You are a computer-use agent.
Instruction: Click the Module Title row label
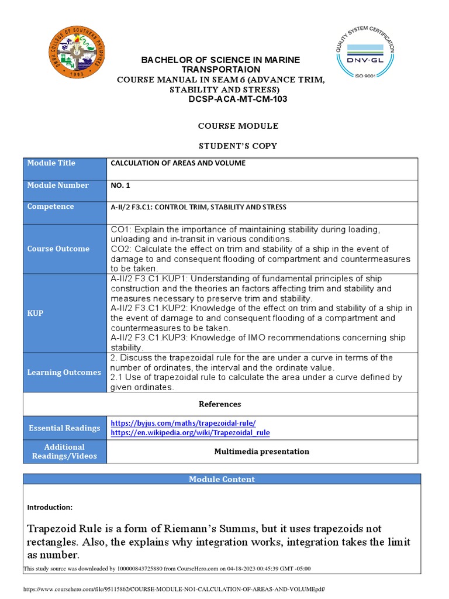[x=51, y=163]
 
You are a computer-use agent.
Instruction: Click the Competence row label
[x=51, y=206]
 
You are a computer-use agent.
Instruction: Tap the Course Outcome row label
[x=58, y=249]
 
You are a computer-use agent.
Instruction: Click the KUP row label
[x=35, y=314]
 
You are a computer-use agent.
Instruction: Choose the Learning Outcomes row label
[x=64, y=373]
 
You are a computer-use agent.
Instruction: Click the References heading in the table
[x=220, y=404]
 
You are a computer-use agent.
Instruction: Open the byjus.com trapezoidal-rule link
[x=183, y=423]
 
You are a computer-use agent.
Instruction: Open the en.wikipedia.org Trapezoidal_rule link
[x=190, y=433]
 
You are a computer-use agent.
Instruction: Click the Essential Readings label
[x=64, y=428]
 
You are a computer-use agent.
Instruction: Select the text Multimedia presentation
[x=261, y=452]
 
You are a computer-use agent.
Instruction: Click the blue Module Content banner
[x=222, y=479]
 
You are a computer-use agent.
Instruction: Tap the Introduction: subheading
[x=50, y=507]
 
